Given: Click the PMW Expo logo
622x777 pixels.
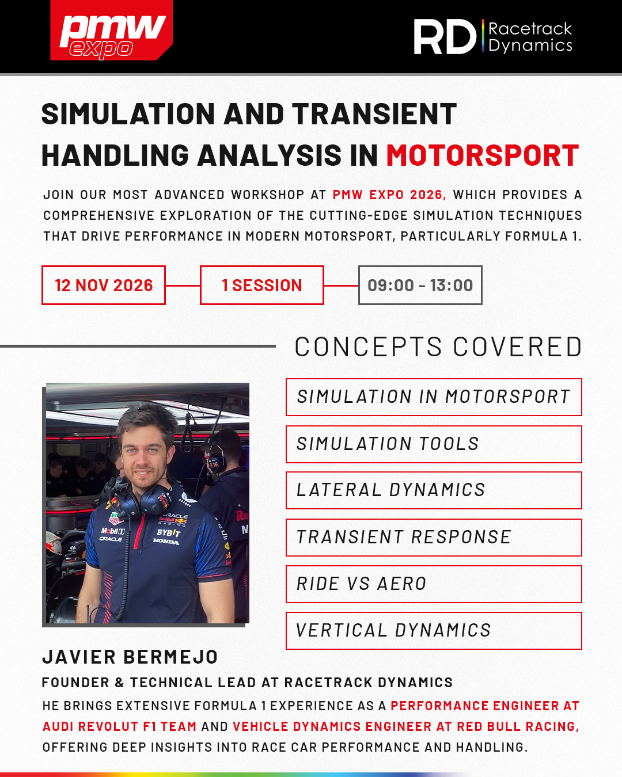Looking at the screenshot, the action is [111, 31].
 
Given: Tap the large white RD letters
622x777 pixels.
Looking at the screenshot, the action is [445, 37].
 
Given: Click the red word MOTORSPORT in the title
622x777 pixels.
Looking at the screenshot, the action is [483, 155].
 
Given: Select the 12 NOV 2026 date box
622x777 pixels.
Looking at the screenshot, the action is [104, 285].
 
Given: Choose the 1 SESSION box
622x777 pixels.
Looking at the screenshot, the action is [261, 285].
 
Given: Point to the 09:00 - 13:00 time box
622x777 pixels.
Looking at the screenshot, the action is [420, 285].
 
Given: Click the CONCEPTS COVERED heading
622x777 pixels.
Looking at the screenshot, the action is [438, 346].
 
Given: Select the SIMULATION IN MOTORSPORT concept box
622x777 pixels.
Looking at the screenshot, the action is [434, 397].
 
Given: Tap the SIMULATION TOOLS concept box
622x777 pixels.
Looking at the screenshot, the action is [434, 444].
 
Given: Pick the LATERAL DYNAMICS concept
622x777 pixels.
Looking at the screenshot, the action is [434, 490].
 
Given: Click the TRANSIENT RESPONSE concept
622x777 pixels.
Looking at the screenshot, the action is [434, 537].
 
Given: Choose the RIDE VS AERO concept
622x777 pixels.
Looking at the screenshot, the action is [434, 584].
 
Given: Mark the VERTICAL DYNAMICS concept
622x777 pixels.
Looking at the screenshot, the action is [434, 630].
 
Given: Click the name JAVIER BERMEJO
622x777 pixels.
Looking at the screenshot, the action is [130, 657].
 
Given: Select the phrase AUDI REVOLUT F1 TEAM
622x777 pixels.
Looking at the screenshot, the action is [119, 726].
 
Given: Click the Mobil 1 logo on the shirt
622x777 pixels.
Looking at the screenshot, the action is [113, 531].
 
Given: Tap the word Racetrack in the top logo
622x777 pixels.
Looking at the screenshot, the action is [530, 29].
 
